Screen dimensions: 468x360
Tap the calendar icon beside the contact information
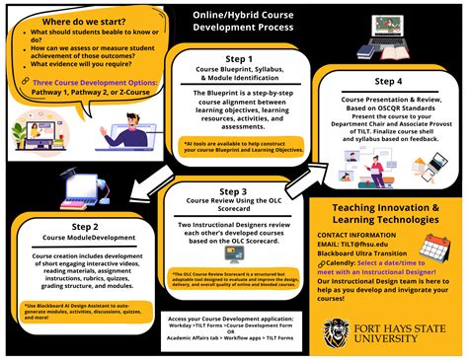pyautogui.click(x=429, y=248)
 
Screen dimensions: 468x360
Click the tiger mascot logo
pyautogui.click(x=336, y=329)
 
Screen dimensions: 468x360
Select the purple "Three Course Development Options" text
pyautogui.click(x=82, y=85)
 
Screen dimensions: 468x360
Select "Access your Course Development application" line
pyautogui.click(x=232, y=320)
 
